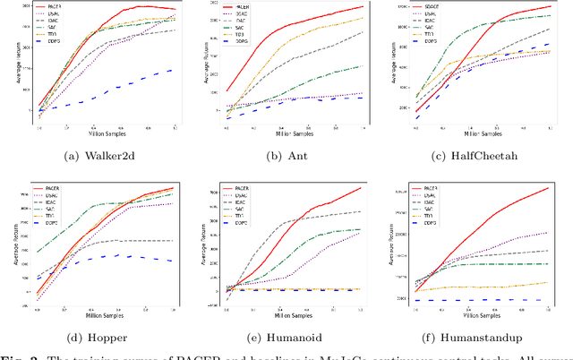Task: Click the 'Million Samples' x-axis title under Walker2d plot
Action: click(x=107, y=135)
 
